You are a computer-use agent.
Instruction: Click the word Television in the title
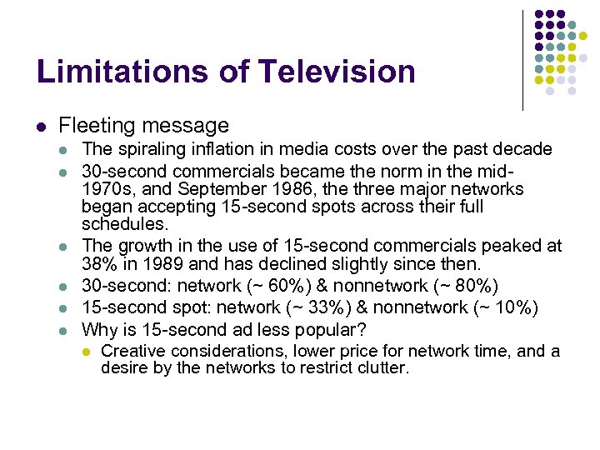pos(337,72)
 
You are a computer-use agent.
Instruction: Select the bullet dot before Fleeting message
pos(42,127)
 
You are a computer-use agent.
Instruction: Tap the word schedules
pos(124,225)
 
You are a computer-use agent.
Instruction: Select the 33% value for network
pos(311,307)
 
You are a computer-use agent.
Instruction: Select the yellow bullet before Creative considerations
pos(85,352)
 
